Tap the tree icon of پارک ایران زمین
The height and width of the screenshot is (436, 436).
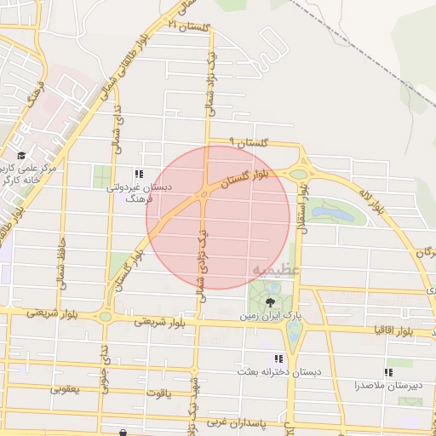click(x=271, y=301)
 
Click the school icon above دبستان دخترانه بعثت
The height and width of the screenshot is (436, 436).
click(x=278, y=359)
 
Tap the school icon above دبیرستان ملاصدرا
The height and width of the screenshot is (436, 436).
click(x=388, y=372)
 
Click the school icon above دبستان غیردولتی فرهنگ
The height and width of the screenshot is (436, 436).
click(x=139, y=174)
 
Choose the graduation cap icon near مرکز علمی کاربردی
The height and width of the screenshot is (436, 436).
click(x=21, y=156)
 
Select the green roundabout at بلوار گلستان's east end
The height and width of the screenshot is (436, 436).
click(x=298, y=174)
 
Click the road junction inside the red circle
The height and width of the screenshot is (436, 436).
click(x=205, y=194)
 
